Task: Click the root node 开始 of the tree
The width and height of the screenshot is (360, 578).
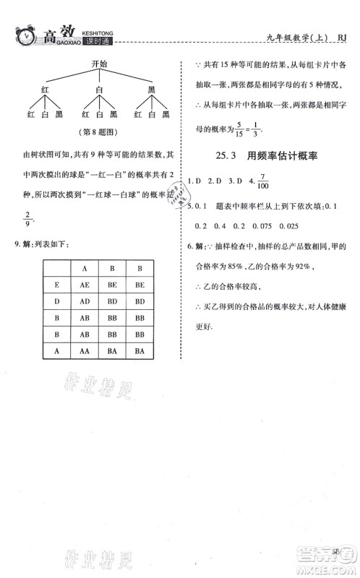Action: click(x=100, y=64)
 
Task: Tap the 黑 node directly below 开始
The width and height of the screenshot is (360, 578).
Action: click(x=151, y=90)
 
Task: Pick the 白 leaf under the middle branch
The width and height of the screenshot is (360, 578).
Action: click(x=100, y=113)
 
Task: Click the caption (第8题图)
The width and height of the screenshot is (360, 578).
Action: click(x=99, y=132)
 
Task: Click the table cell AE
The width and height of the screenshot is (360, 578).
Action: click(x=85, y=286)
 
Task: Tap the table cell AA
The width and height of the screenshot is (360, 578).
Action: click(x=85, y=350)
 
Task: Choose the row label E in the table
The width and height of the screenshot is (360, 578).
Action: click(x=56, y=286)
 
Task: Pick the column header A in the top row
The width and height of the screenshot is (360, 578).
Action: click(x=85, y=269)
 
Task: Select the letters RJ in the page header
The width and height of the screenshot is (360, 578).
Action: click(x=343, y=39)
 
